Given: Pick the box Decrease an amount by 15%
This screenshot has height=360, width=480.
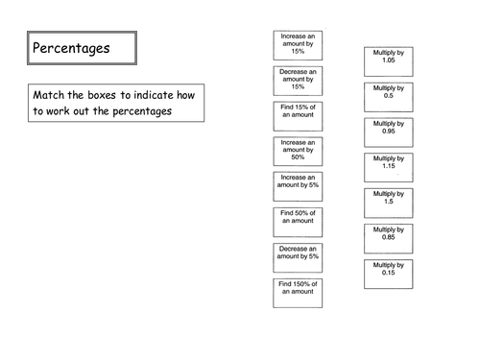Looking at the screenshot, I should (x=298, y=82).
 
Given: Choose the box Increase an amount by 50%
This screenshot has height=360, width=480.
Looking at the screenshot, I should (x=298, y=153).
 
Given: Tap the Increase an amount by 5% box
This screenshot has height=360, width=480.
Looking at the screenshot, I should (x=298, y=186).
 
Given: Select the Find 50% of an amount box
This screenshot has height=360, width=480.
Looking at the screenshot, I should (x=298, y=222).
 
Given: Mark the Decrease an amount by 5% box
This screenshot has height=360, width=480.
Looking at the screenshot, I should (x=298, y=257).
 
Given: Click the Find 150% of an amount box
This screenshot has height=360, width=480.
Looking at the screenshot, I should (x=298, y=292).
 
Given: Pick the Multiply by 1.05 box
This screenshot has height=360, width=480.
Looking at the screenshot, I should (x=388, y=61).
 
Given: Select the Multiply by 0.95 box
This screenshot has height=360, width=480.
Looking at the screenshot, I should (x=388, y=132).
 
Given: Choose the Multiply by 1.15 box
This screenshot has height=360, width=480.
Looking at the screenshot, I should (x=388, y=168).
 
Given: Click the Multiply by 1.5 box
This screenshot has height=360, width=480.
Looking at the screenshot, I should (x=388, y=203).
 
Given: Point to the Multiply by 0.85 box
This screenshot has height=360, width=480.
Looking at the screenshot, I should (x=388, y=238).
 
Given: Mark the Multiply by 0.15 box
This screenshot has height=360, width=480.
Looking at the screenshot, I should (x=388, y=274).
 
